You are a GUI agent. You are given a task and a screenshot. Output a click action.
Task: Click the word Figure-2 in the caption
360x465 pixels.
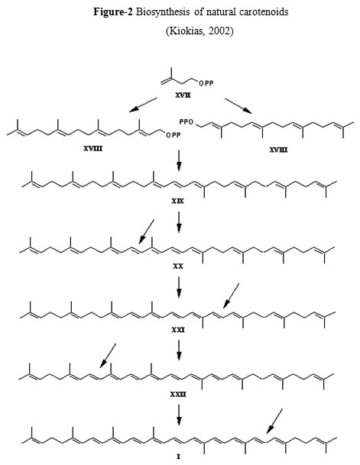coord(113,12)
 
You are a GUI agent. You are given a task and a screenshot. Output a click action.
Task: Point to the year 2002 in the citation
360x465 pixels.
coord(219,31)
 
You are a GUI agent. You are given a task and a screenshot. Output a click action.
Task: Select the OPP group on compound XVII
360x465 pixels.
coord(206,83)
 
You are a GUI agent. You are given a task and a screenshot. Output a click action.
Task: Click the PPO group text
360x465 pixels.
coord(186,122)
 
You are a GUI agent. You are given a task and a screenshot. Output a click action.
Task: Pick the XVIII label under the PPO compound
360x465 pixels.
coord(278,150)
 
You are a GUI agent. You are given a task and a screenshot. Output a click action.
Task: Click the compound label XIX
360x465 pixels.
coord(178,202)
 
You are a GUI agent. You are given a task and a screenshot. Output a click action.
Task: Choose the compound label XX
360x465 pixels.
coord(178,266)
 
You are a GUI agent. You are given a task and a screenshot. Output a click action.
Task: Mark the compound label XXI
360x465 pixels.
coord(178,330)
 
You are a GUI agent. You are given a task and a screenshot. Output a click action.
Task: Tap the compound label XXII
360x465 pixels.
coord(178,395)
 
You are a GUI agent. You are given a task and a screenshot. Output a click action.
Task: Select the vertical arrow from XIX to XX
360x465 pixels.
coord(179,222)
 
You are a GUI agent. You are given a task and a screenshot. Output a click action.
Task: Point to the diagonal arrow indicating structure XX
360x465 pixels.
coord(146,232)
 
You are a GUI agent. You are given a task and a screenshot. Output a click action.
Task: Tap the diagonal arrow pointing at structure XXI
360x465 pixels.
coord(231,295)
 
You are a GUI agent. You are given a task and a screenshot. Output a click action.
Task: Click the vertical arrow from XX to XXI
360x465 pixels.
coord(179,287)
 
